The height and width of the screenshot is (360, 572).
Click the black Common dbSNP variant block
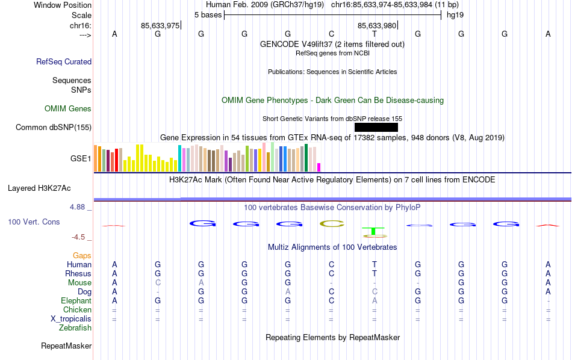[x=376, y=127]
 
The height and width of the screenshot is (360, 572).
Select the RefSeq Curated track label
[x=64, y=61]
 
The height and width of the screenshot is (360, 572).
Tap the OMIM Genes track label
[x=68, y=109]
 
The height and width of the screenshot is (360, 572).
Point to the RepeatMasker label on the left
[x=66, y=346]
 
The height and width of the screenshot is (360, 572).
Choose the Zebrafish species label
[x=75, y=328]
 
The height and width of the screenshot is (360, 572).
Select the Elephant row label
[x=76, y=301]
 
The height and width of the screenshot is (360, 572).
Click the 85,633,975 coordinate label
[x=160, y=26]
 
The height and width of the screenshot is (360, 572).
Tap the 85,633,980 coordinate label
[x=377, y=26]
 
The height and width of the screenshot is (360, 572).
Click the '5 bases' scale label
[x=208, y=14]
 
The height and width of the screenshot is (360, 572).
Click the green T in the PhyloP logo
[x=374, y=231]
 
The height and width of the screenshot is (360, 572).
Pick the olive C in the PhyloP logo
[x=331, y=224]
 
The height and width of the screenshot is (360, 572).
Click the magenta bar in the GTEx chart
[x=319, y=167]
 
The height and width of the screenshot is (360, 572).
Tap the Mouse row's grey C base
[x=158, y=283]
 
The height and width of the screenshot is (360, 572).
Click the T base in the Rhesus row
[x=375, y=274]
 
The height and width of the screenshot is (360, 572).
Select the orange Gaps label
[x=82, y=256]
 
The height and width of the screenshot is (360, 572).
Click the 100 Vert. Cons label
[x=34, y=222]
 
